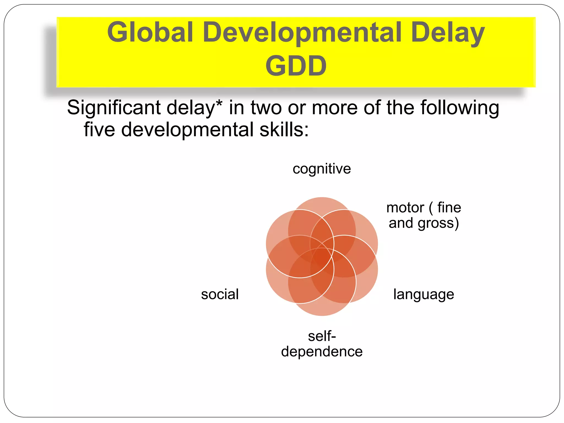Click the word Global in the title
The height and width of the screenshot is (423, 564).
pos(150,32)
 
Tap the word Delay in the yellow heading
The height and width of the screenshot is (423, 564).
pos(448,33)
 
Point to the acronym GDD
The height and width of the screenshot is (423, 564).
pos(296,66)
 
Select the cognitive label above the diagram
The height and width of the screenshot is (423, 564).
pos(322,169)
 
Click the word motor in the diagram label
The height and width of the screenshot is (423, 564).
pos(405,208)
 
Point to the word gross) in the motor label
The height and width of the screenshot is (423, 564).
pos(438,223)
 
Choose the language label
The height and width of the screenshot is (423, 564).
pos(424,294)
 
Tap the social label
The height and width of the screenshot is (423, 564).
pos(220,294)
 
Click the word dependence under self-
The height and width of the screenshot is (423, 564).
pos(322,351)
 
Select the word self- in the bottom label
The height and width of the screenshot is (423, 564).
pos(322,336)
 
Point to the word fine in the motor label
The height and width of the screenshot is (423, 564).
pos(449,208)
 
